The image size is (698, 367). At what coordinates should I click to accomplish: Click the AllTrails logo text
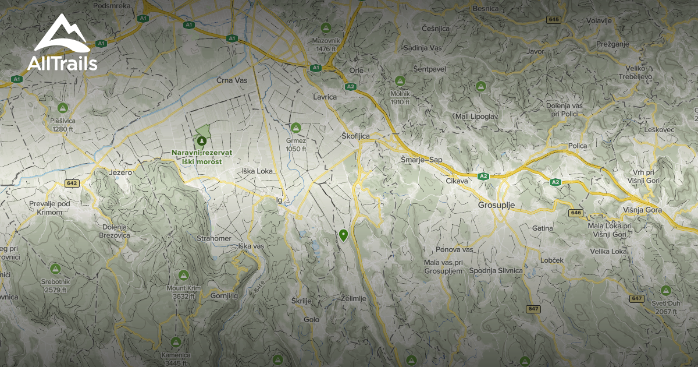point(62,63)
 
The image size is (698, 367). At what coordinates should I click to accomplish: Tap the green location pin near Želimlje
point(343,235)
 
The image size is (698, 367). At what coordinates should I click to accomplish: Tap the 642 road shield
point(72,183)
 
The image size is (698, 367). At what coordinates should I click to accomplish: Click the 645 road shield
point(553,20)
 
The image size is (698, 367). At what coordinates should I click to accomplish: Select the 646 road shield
point(576,213)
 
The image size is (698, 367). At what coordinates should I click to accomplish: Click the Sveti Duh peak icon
point(665,290)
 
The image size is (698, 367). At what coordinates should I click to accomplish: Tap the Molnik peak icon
point(400,80)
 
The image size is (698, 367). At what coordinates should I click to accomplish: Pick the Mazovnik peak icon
point(326,27)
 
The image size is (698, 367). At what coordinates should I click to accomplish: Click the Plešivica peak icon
point(62,108)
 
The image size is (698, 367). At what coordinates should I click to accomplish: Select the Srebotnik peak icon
point(55,269)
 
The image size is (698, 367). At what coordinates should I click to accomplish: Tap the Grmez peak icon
point(295,128)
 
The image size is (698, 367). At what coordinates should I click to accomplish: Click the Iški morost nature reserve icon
point(201,141)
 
